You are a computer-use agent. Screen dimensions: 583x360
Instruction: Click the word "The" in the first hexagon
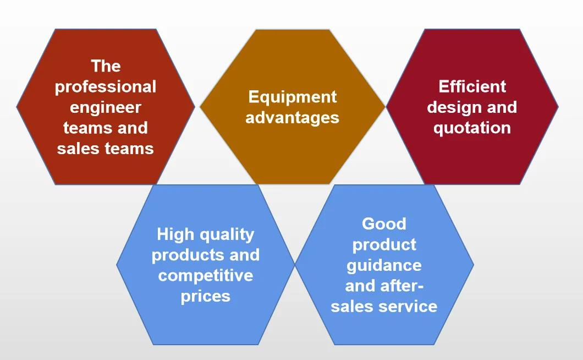click(106, 66)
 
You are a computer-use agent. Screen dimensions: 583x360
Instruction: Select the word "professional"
click(106, 87)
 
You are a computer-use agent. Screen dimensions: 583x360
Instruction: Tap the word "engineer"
click(106, 107)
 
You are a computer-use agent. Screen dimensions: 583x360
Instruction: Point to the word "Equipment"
click(292, 97)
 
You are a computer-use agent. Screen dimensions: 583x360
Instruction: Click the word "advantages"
click(292, 117)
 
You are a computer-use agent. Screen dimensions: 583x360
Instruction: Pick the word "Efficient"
click(472, 86)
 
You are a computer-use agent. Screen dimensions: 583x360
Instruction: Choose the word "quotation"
click(472, 128)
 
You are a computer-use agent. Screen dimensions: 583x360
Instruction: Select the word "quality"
click(227, 235)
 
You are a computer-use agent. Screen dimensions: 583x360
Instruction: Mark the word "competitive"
click(206, 275)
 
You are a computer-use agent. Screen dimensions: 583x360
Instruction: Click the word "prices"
click(206, 296)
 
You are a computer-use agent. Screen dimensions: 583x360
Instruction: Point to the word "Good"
click(384, 224)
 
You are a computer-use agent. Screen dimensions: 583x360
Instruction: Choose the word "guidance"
click(384, 265)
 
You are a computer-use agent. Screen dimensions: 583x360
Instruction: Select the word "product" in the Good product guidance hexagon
click(384, 245)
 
